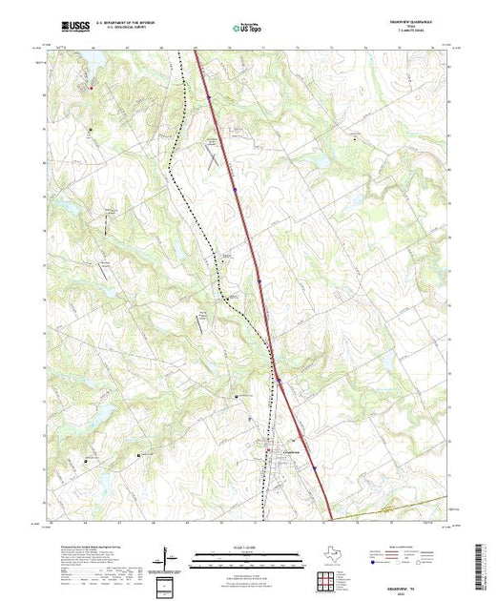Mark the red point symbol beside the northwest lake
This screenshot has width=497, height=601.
pos(93,88)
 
